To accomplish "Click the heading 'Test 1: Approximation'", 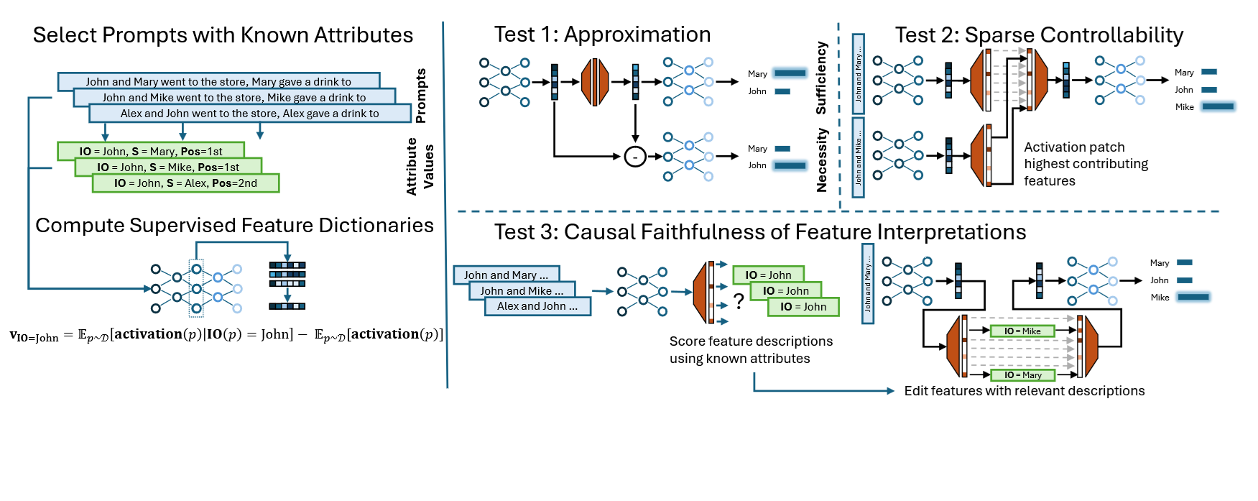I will (x=602, y=35).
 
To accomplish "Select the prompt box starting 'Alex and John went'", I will (x=249, y=114).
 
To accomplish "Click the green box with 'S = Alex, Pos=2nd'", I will (x=185, y=183).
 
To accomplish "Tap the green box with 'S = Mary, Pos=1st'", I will (x=151, y=152).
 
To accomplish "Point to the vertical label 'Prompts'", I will (x=421, y=96).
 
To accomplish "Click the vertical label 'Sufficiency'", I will (x=821, y=78).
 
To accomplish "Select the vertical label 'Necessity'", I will (x=822, y=160).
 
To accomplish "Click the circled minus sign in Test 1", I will (x=634, y=156).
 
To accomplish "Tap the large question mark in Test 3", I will (x=738, y=301).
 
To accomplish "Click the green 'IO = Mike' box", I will (x=1022, y=331).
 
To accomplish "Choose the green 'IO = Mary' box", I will (x=1022, y=375).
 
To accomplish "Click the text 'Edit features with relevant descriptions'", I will (x=1024, y=391).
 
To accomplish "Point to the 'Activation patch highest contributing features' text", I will (x=1085, y=164).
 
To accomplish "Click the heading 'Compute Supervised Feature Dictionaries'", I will (x=234, y=226).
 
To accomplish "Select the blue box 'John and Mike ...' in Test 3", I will (x=522, y=290).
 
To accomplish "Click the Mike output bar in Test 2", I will (x=1218, y=106).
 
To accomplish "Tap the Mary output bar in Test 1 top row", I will (x=790, y=73).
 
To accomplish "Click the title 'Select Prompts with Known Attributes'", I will (x=223, y=35).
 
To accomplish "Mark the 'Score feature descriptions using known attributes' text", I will (x=751, y=350).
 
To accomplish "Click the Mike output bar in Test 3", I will (x=1193, y=297).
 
